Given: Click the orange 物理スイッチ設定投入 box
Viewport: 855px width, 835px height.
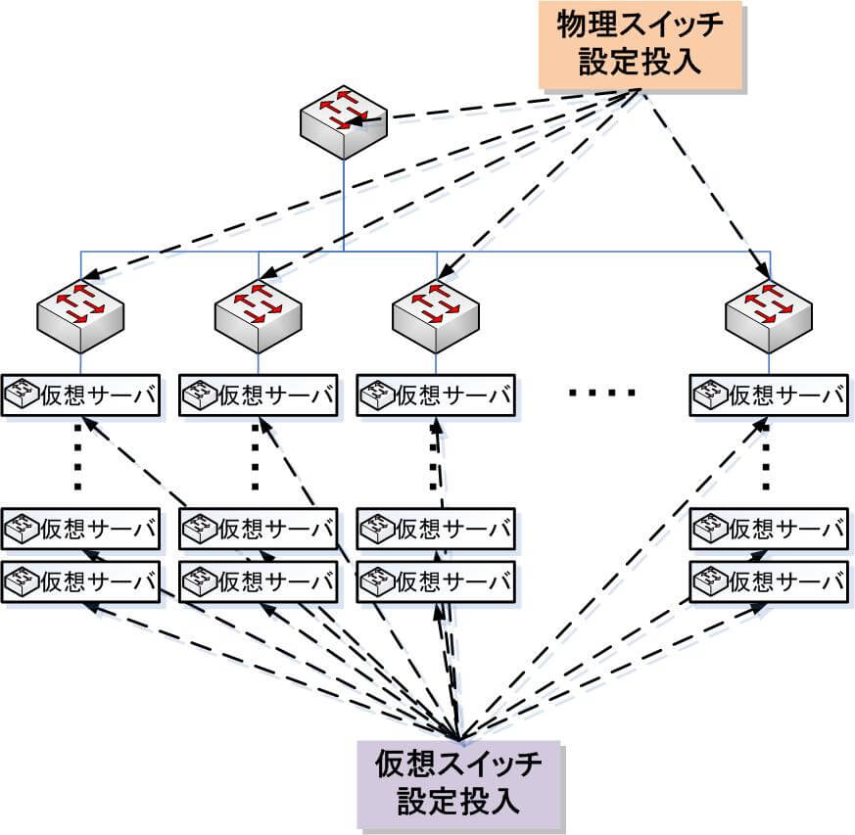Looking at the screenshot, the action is [641, 45].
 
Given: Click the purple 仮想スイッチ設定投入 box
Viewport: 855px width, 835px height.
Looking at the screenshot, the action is [459, 785].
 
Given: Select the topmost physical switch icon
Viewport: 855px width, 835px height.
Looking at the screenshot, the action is [344, 122].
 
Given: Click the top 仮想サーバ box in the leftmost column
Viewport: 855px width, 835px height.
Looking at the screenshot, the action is [80, 395].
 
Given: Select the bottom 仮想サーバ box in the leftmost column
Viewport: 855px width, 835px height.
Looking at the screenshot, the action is [80, 582].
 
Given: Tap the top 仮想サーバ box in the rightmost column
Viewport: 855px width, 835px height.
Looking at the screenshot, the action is [769, 395].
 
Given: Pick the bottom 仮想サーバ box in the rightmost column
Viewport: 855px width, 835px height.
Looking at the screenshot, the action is [769, 582].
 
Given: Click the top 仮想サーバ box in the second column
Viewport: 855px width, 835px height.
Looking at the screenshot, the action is [258, 395].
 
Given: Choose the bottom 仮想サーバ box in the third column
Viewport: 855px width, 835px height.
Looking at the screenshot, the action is [436, 582].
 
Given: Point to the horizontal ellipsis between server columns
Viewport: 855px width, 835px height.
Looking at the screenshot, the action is [602, 393].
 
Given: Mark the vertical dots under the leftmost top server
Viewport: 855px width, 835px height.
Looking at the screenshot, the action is [77, 458].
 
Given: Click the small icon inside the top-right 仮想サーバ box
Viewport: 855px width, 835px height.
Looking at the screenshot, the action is [710, 394].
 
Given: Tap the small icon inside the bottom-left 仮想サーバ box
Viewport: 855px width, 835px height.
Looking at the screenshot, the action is [22, 581].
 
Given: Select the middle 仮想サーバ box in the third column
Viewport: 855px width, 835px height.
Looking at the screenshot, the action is [436, 530].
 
